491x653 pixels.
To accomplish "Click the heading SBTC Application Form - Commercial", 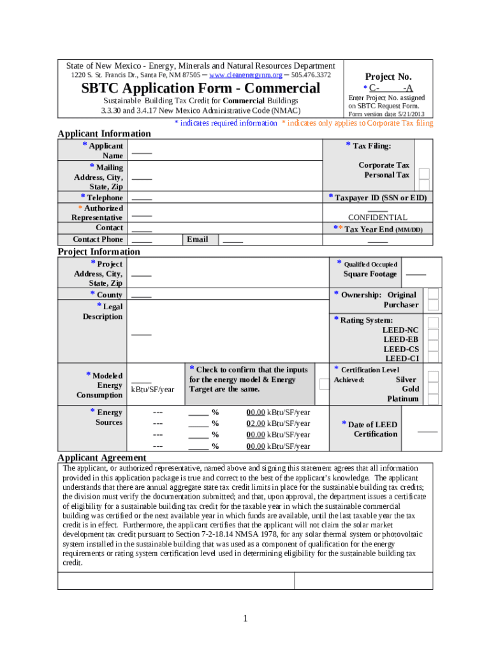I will click(x=200, y=88).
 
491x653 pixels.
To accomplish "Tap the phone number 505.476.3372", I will click(x=311, y=75).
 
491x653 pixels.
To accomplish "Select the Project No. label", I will click(x=388, y=77).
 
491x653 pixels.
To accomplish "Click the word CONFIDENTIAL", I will click(x=377, y=217).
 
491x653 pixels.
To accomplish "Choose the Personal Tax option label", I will click(x=386, y=175).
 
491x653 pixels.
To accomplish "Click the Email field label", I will click(x=197, y=239).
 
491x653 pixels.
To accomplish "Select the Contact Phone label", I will click(x=98, y=239).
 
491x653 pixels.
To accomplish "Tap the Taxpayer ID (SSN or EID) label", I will click(x=380, y=198).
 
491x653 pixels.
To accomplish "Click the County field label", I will click(x=109, y=295).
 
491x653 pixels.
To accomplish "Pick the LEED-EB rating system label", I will click(x=400, y=339).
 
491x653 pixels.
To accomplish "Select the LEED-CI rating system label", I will click(x=401, y=358).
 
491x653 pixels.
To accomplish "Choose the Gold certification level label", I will click(x=410, y=388).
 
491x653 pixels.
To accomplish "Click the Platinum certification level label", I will click(x=403, y=399).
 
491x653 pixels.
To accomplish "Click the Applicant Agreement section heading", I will click(x=102, y=457).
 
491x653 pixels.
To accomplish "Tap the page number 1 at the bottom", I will click(x=245, y=619).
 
